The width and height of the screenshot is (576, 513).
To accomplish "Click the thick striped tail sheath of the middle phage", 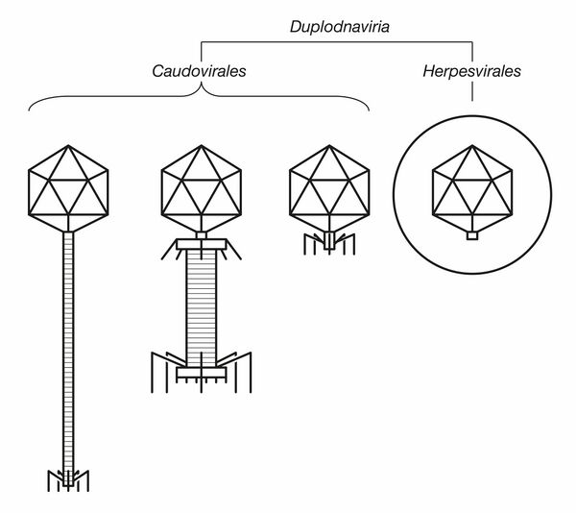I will point(201,308).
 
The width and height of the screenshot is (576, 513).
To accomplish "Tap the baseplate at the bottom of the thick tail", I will point(201,367).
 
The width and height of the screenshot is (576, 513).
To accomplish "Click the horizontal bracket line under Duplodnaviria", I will point(336,42).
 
